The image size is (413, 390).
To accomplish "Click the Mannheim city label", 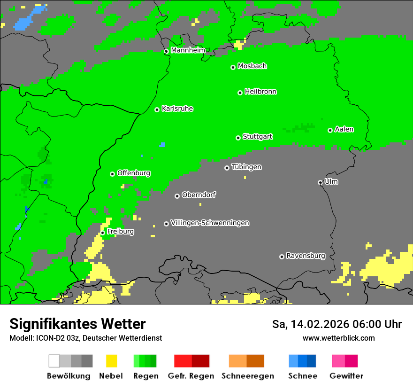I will point(188,50).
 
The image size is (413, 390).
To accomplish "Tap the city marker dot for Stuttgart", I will point(238,138).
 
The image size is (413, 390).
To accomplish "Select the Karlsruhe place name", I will point(177,109).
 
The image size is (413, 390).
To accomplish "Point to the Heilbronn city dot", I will point(240,93).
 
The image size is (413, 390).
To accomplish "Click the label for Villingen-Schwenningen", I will point(210,223).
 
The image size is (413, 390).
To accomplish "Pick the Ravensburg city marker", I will point(282,257).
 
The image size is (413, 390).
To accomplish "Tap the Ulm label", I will point(331,181).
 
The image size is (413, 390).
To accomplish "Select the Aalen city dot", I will point(330,130).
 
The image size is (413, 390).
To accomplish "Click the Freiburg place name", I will point(120,232).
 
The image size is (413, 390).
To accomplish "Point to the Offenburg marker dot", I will point(112,174).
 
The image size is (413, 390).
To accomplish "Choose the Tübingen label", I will point(246,167).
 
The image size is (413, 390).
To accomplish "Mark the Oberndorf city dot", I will point(177,196).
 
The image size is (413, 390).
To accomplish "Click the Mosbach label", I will point(252,66).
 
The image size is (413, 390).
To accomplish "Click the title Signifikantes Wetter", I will point(77,324).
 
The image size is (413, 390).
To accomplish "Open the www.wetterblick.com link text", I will point(338,338).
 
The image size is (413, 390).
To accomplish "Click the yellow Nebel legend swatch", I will point(111,361).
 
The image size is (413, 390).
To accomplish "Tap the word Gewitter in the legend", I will point(346,376).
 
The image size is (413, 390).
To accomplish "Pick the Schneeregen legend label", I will point(247,376).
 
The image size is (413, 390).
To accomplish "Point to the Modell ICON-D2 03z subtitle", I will point(85,338).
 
